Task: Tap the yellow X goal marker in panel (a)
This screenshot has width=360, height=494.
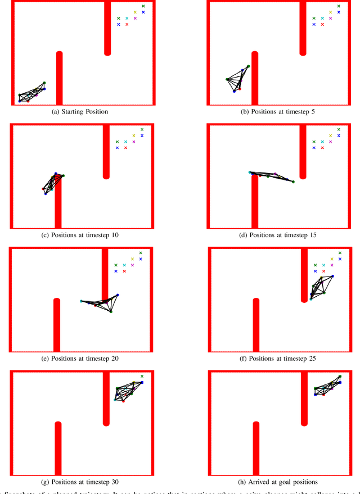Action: click(x=135, y=12)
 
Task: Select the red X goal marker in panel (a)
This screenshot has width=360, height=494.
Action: click(x=127, y=24)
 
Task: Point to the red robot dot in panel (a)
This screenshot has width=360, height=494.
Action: click(x=28, y=101)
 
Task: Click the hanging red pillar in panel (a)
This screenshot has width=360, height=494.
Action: click(x=107, y=28)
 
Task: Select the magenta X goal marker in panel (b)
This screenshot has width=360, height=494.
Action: click(x=331, y=18)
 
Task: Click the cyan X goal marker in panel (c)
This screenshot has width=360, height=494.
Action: click(x=125, y=142)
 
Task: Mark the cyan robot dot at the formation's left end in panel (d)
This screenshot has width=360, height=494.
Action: click(x=250, y=173)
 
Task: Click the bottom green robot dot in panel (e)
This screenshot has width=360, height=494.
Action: click(x=111, y=311)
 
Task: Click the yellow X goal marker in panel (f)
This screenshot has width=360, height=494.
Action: click(x=332, y=259)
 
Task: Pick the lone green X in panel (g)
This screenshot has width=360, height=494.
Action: click(x=142, y=376)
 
